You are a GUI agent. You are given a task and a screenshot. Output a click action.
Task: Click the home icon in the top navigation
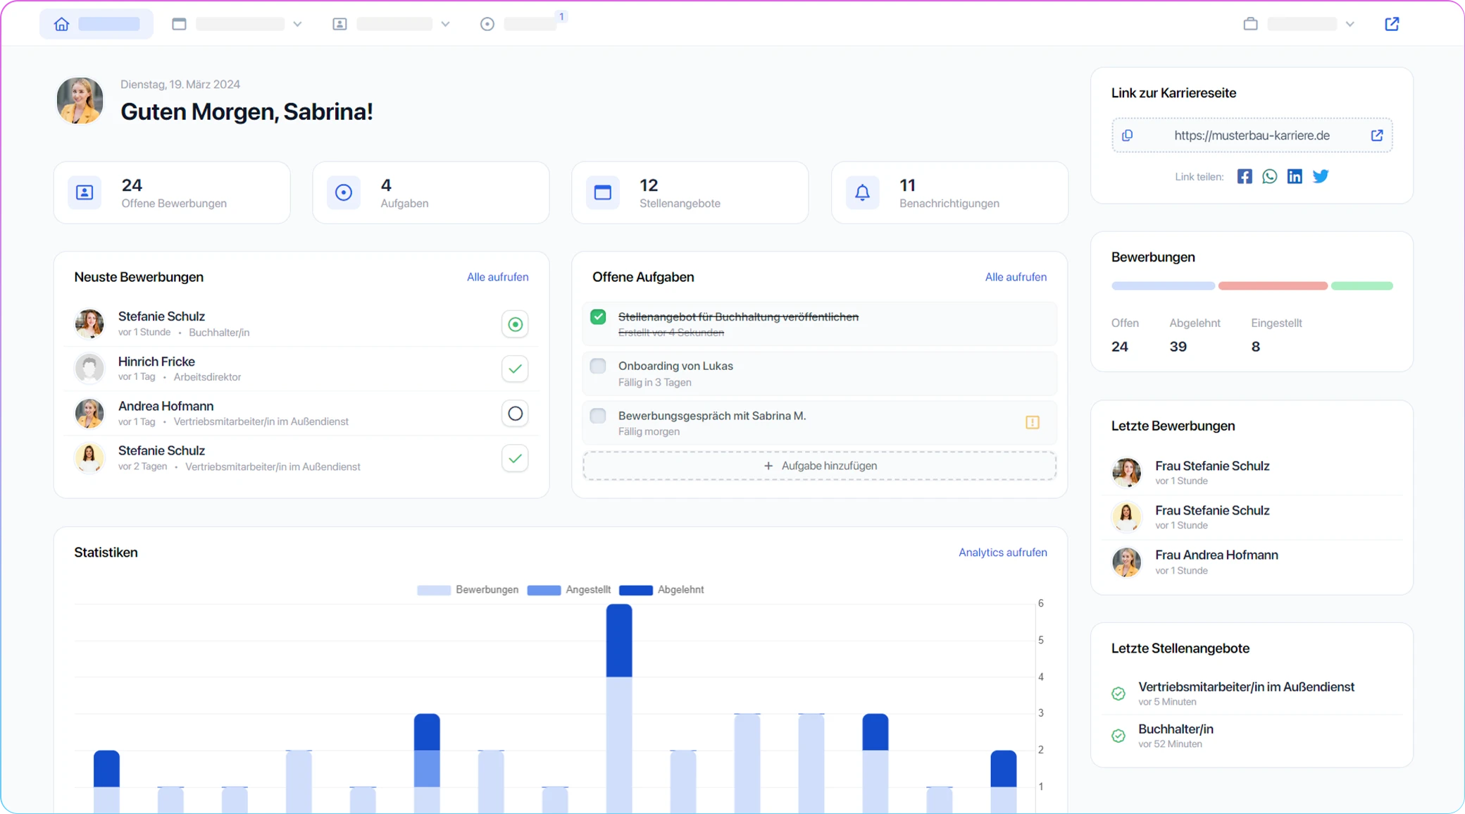(62, 25)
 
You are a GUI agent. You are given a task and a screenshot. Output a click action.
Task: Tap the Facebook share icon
(1245, 177)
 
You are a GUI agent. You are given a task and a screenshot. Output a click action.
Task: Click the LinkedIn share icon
(1295, 177)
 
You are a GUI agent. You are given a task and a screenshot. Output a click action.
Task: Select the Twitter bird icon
(1321, 177)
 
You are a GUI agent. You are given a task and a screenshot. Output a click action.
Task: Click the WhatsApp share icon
(1269, 177)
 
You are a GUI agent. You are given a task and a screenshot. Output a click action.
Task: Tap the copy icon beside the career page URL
(1128, 135)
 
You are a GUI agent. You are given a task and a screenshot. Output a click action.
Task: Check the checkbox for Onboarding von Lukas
(598, 366)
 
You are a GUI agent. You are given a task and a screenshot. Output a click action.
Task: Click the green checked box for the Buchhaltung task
(598, 317)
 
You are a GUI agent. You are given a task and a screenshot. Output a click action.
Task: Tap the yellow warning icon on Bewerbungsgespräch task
(1033, 422)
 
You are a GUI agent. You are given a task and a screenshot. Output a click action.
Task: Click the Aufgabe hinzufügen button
(819, 466)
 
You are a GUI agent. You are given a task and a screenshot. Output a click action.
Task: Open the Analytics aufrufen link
(1002, 553)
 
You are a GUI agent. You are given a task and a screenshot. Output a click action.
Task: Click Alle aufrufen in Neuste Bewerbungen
(497, 277)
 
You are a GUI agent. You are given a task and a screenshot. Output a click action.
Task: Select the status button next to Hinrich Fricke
(515, 369)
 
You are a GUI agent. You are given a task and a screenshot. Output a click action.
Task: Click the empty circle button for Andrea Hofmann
(515, 414)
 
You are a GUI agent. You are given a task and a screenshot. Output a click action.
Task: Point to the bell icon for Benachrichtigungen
(862, 192)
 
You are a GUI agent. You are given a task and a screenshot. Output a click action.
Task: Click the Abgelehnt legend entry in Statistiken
(661, 590)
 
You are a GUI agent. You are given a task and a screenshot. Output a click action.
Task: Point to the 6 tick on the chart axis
(1040, 603)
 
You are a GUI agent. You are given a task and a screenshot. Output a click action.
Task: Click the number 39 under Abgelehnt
(1178, 347)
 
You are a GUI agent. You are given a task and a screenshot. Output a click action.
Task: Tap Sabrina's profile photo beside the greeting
(80, 101)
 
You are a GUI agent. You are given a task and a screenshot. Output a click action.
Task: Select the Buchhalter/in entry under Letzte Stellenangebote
(1176, 729)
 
